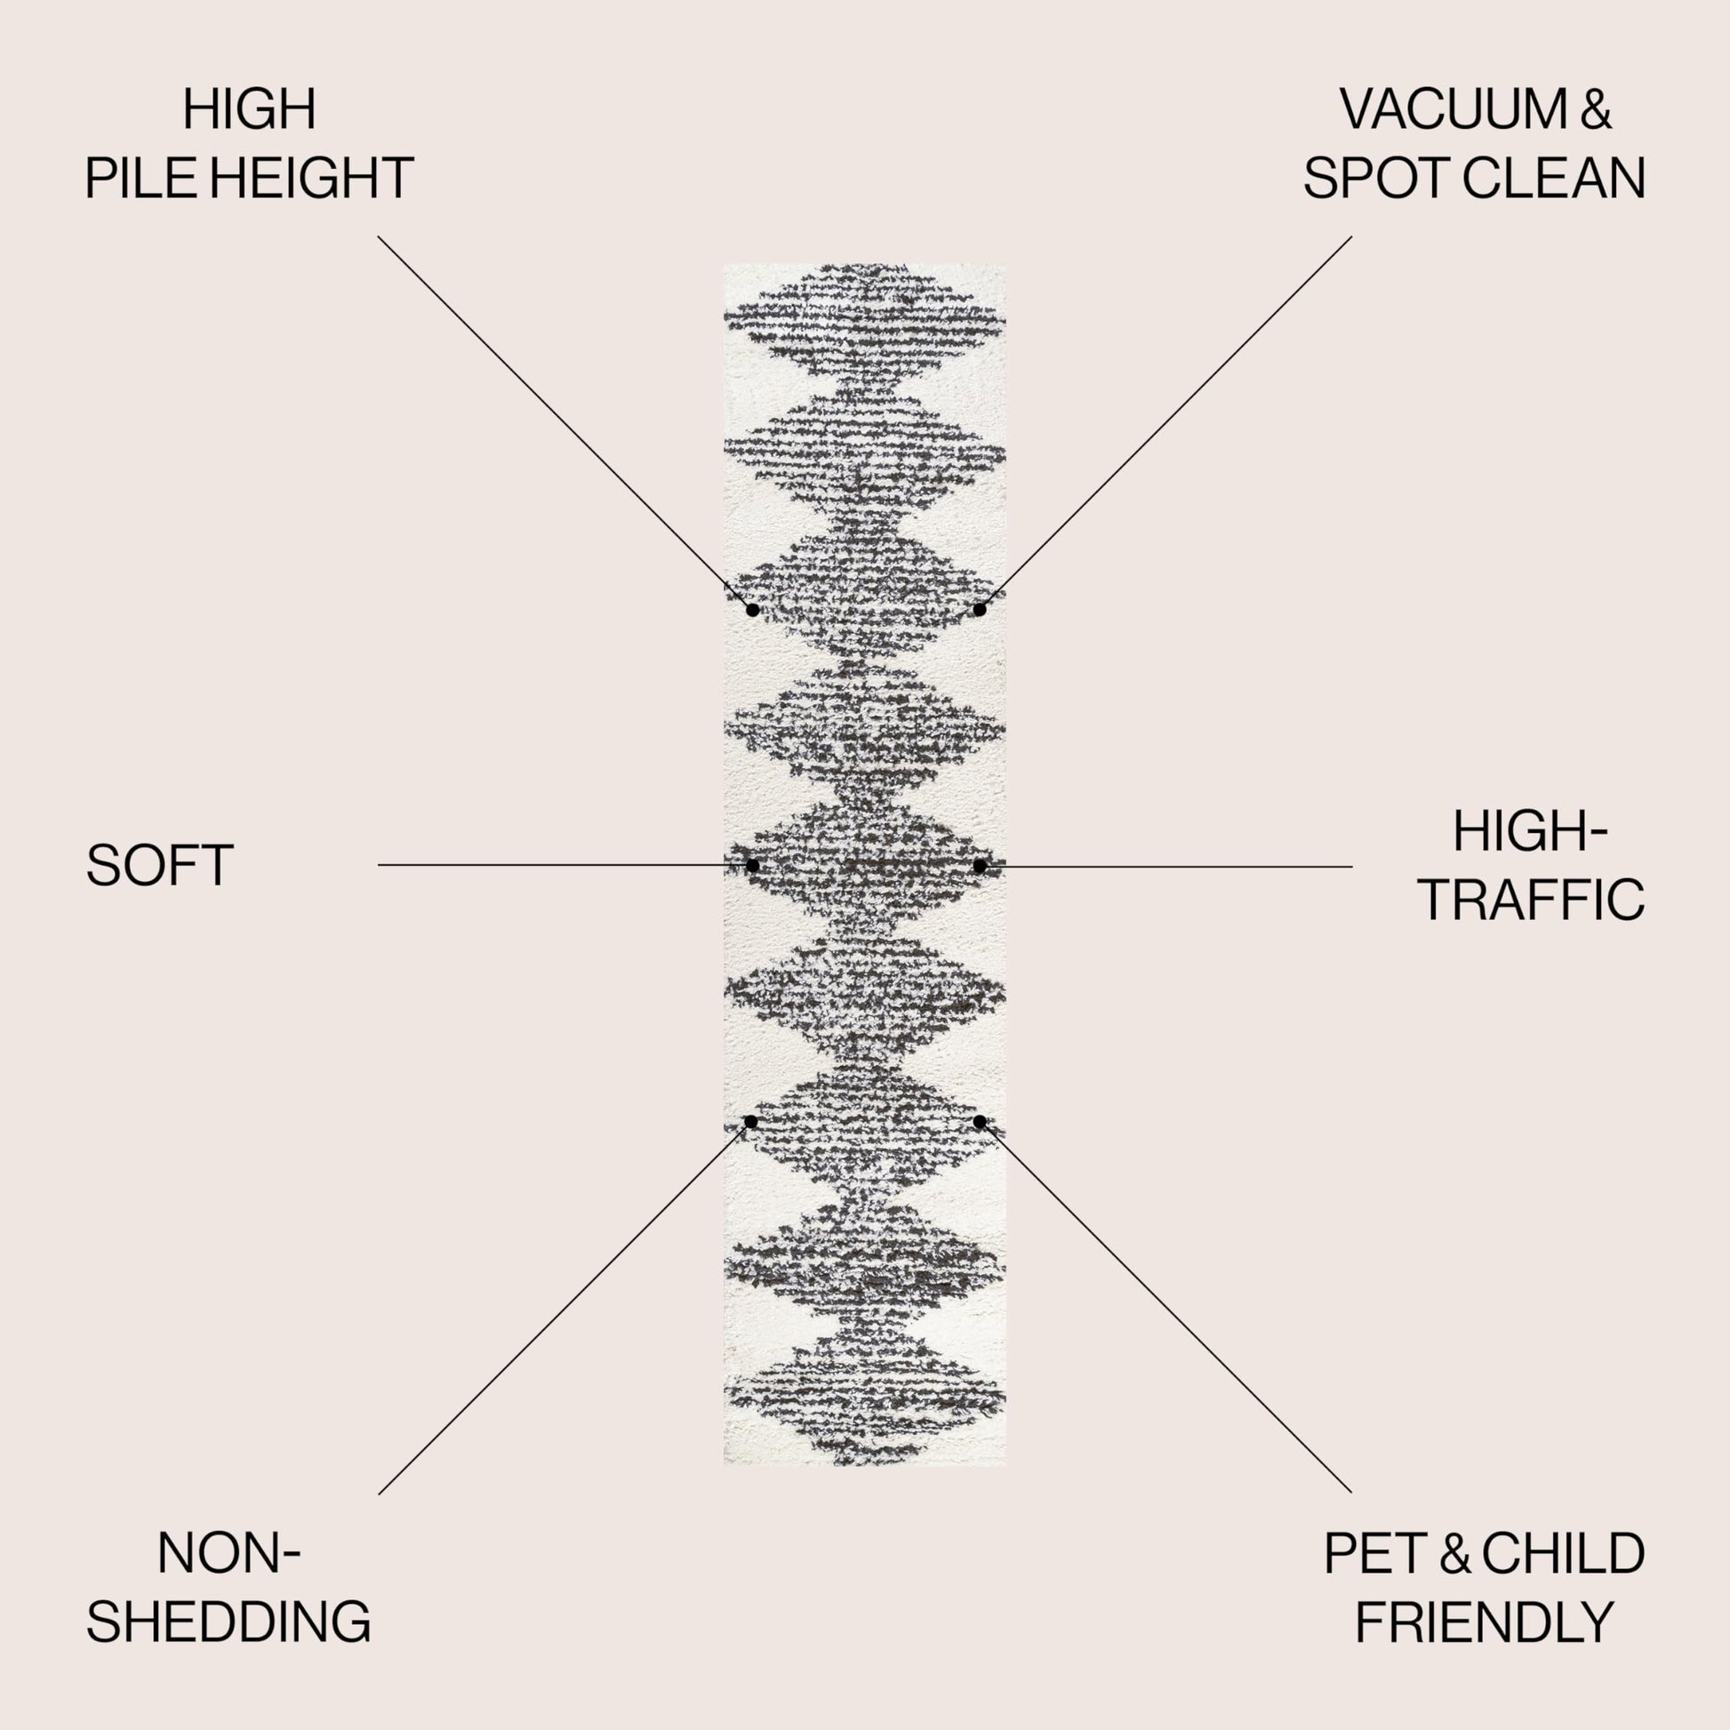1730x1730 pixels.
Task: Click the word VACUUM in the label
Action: pos(1454,109)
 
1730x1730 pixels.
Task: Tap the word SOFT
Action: pos(159,866)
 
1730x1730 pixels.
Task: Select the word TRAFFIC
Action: pos(1531,900)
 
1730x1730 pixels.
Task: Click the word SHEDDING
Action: pos(228,1622)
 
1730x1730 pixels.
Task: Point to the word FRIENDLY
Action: pos(1484,1622)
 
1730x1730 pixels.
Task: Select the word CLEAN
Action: pos(1554,177)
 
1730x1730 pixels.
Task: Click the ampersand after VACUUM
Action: pos(1596,109)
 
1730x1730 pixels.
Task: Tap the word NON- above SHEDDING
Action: pos(228,1554)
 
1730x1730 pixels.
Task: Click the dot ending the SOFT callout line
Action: pos(752,865)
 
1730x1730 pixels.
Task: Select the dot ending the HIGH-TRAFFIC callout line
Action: pos(980,866)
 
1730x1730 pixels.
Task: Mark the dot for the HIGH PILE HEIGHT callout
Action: pos(753,610)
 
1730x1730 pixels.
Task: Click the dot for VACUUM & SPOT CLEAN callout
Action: pos(980,610)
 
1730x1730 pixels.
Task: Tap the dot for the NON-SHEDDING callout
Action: pos(751,1122)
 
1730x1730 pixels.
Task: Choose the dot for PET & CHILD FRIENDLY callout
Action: pos(980,1122)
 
